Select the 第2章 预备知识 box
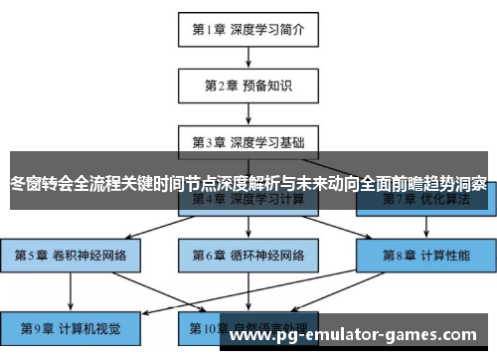pyautogui.click(x=248, y=85)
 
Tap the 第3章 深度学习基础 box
pyautogui.click(x=248, y=141)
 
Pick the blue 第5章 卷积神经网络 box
pyautogui.click(x=71, y=255)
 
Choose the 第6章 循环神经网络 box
pyautogui.click(x=248, y=255)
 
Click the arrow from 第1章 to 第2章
pyautogui.click(x=248, y=57)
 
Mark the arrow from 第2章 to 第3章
pyautogui.click(x=248, y=113)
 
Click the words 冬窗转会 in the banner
pyautogui.click(x=41, y=184)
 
